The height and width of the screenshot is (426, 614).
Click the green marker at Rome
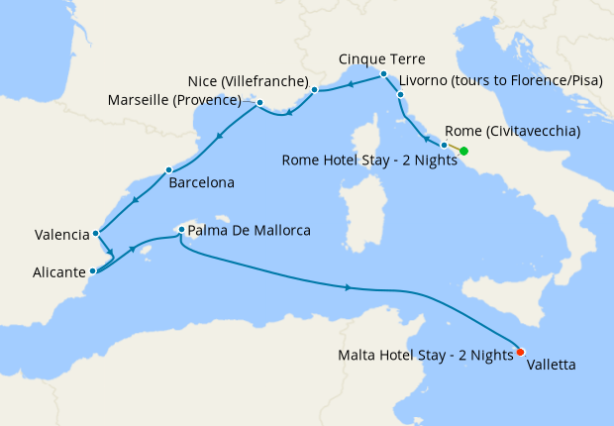[463, 152]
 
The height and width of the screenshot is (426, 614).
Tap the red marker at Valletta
[520, 351]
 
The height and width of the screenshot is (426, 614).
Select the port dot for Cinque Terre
[383, 74]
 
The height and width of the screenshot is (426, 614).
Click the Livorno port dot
[400, 95]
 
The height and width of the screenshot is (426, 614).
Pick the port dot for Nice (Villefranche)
[315, 90]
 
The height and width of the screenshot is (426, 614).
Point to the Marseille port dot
[258, 102]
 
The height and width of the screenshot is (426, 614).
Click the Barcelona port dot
[168, 169]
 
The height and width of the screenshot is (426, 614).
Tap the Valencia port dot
[95, 235]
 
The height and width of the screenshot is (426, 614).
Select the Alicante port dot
[92, 270]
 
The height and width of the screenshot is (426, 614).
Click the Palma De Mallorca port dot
[180, 230]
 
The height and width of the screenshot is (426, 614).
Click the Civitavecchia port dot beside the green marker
[444, 145]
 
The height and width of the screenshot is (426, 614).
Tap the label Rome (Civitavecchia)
[512, 131]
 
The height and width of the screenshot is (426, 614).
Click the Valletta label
[551, 365]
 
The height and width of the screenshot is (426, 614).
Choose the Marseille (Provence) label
[185, 101]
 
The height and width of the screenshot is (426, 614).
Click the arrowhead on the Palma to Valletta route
[348, 287]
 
